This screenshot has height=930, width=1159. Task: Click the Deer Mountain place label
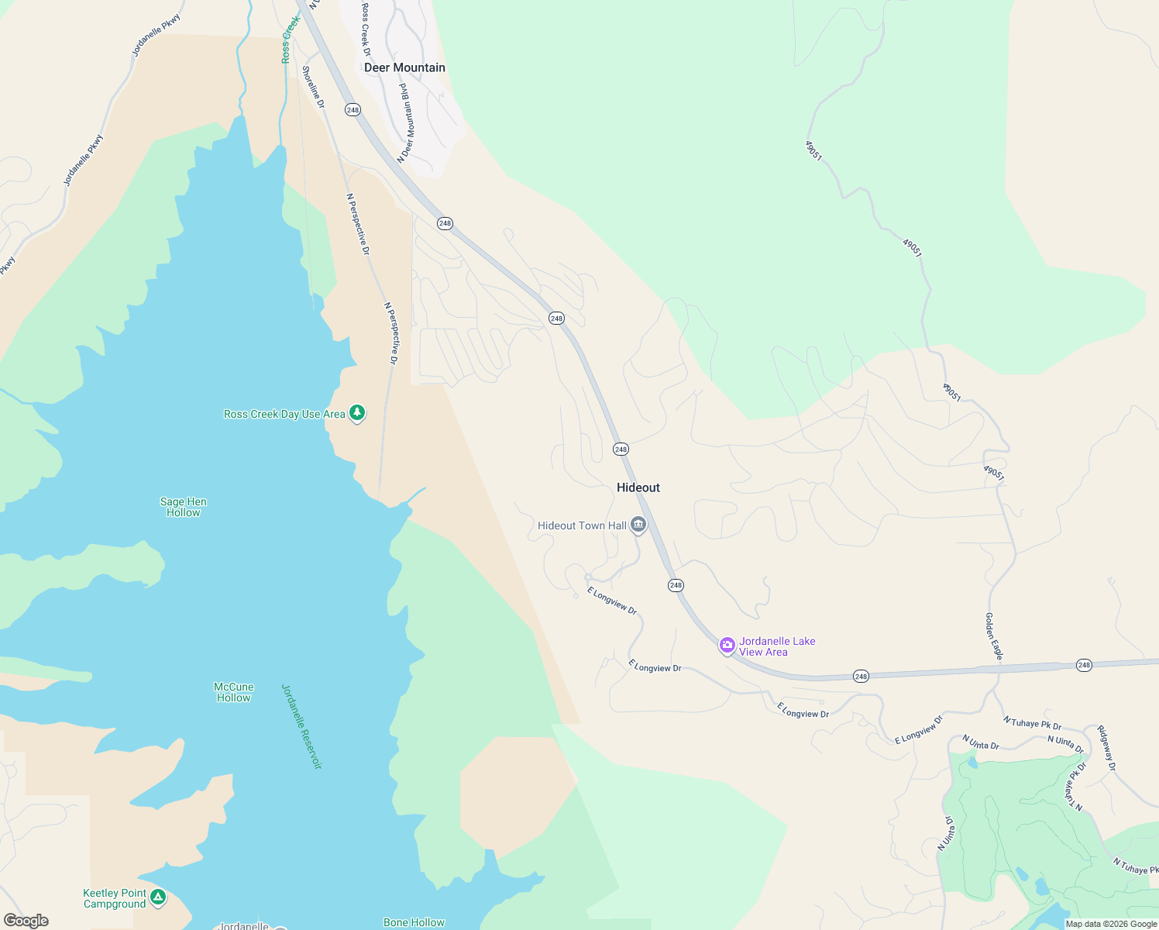pos(404,67)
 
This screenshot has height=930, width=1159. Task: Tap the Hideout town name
pos(638,487)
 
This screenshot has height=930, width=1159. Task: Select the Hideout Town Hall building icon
pos(638,525)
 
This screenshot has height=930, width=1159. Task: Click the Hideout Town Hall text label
pos(582,525)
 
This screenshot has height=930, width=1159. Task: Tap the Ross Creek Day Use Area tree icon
pos(357,413)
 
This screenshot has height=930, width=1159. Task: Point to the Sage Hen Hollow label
pos(184,507)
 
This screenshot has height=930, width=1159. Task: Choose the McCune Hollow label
pos(234,692)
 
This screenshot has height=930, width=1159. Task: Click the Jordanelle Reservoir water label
pos(301,726)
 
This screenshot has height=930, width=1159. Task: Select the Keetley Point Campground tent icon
pos(158,897)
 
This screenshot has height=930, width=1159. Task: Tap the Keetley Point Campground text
pos(115,898)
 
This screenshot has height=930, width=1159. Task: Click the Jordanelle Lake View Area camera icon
pos(727,645)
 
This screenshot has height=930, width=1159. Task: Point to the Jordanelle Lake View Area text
pos(777,646)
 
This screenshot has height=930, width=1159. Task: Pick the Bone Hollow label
pos(414,922)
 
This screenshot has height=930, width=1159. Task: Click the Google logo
pos(26,921)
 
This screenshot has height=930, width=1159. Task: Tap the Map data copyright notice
pos(1111,924)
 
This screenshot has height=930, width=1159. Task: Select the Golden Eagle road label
pos(994,636)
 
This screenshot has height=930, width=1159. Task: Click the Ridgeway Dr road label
pos(1106,748)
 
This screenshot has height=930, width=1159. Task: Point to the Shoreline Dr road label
pos(313,87)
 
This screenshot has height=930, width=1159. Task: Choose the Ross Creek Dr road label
pos(366,29)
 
